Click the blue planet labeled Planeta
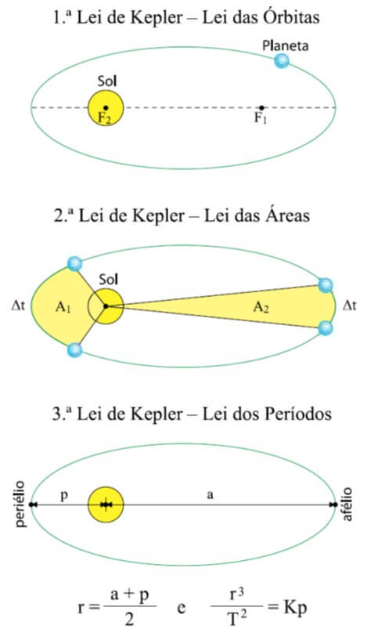(282, 61)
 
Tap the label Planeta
(285, 45)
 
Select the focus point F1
(261, 108)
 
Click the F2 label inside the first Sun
(105, 118)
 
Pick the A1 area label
(63, 307)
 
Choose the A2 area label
(261, 307)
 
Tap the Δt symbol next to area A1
(18, 306)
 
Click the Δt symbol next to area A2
(350, 306)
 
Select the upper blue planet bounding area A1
(74, 264)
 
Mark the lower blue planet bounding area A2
(325, 327)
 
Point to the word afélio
(347, 504)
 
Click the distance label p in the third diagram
(64, 496)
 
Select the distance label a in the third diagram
(210, 495)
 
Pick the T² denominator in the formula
(236, 618)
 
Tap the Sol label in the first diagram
(107, 81)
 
